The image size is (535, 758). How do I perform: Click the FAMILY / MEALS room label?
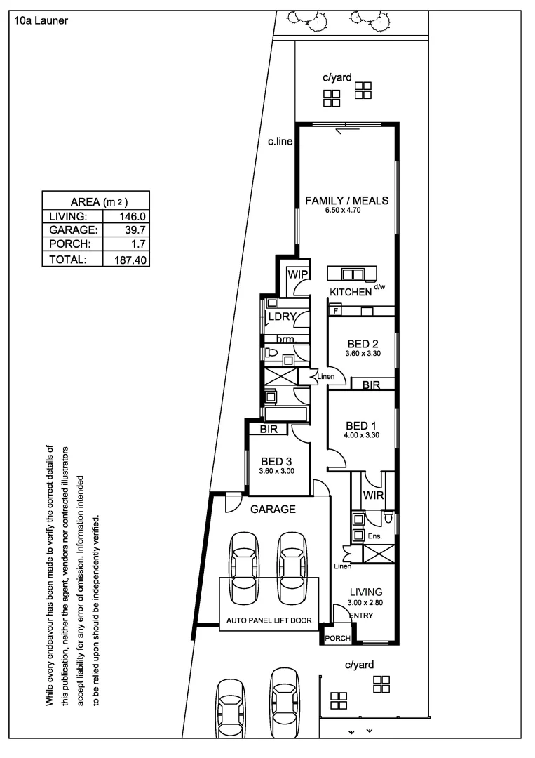[346, 201]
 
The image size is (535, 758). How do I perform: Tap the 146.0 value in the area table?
[131, 217]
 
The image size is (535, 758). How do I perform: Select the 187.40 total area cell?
[128, 260]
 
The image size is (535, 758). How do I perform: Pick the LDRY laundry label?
[283, 317]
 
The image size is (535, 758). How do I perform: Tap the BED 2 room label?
[363, 344]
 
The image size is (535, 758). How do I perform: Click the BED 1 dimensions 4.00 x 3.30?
[362, 436]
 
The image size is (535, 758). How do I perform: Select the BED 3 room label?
[276, 461]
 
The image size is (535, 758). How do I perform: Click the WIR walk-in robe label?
[372, 496]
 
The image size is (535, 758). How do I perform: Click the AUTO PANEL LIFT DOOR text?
[269, 620]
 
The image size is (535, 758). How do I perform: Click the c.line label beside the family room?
[280, 142]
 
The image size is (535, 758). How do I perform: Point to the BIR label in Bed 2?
[371, 385]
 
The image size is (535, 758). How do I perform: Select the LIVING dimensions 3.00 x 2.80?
[366, 601]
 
